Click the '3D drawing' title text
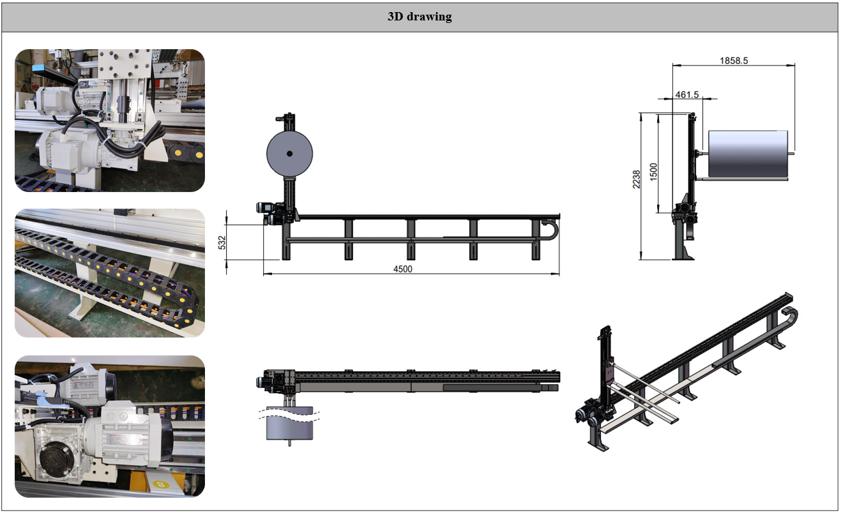point(420,17)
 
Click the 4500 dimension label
point(402,269)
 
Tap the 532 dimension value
point(222,242)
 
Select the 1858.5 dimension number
point(734,61)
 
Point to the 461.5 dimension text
point(687,94)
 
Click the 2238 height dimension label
point(637,179)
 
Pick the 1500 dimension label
point(654,172)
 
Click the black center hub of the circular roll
point(289,154)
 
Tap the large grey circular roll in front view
point(289,154)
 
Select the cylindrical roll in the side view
point(748,154)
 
